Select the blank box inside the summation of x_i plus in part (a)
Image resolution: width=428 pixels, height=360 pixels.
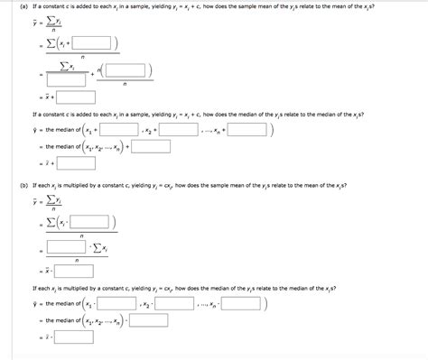[92, 42]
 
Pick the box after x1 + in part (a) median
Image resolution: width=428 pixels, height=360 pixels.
[119, 130]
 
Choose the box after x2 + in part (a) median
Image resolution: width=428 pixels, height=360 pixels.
[177, 130]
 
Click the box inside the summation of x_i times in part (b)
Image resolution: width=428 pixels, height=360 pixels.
[93, 222]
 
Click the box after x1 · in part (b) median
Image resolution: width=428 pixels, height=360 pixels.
[119, 304]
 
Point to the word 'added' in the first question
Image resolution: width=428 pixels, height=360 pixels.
[87, 7]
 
